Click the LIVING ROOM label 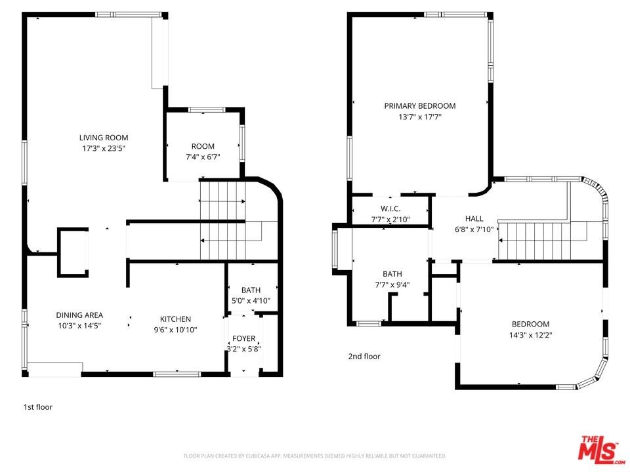(x=104, y=138)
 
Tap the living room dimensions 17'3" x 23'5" (x=104, y=149)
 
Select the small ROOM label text (x=203, y=146)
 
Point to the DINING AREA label (x=79, y=315)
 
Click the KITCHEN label (x=176, y=319)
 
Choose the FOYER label (x=244, y=338)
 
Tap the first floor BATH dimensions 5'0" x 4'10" (x=251, y=301)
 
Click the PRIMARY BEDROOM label (x=420, y=106)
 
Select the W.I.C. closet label (x=390, y=208)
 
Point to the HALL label (x=474, y=219)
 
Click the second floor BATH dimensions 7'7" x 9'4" (x=392, y=285)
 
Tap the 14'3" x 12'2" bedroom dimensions (x=531, y=335)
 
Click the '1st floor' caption (x=38, y=407)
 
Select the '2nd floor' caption (x=364, y=357)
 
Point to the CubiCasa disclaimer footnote (x=314, y=456)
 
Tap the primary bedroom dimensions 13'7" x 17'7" (x=420, y=117)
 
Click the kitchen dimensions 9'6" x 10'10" (x=176, y=330)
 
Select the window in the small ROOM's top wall (x=207, y=109)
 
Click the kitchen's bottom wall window (x=177, y=374)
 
